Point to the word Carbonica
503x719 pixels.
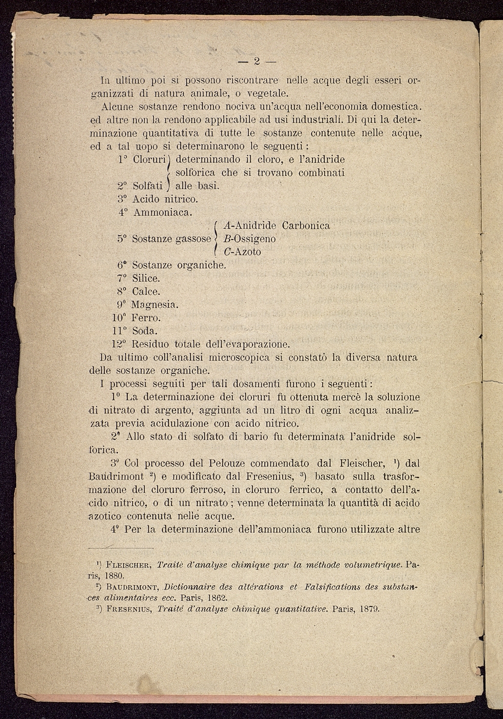coord(306,226)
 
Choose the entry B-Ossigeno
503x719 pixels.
coord(249,239)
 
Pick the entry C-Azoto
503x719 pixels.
coord(242,252)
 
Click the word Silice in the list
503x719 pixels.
coord(146,279)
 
